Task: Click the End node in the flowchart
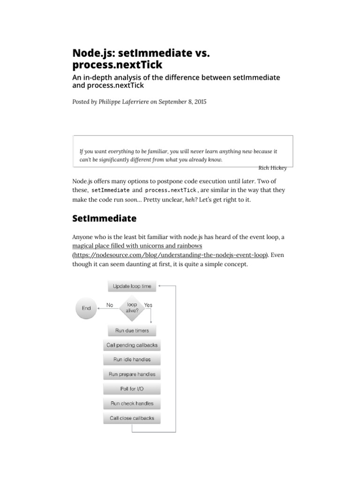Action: [86, 308]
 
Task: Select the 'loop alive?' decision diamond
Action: [132, 307]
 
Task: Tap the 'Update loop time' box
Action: [132, 286]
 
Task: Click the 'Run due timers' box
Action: [132, 330]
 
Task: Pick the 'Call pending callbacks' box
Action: [132, 345]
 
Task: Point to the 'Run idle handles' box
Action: [132, 360]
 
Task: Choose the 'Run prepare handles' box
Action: [132, 374]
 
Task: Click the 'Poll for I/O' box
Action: [132, 389]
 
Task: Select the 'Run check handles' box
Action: [132, 403]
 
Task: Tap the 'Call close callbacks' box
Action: [132, 418]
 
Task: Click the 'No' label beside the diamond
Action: [110, 305]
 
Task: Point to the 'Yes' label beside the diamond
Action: [148, 305]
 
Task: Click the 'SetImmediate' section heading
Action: [105, 218]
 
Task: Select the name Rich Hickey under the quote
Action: [272, 168]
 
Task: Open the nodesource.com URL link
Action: [170, 255]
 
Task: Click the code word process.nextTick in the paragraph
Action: [171, 190]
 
